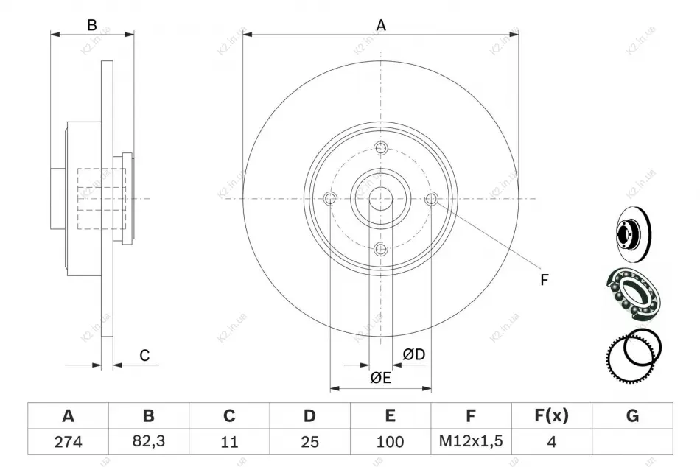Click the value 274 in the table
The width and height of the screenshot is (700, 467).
click(x=68, y=441)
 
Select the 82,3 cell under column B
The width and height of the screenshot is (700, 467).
click(x=149, y=441)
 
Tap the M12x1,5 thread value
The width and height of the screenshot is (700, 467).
click(x=471, y=441)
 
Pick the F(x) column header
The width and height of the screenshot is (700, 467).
click(x=551, y=415)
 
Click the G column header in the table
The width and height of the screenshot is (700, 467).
click(x=632, y=415)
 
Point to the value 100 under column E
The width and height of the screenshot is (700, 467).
click(x=391, y=441)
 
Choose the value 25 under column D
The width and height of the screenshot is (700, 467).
click(x=309, y=441)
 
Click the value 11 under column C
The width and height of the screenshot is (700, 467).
click(x=229, y=441)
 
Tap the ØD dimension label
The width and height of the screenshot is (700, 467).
click(x=414, y=354)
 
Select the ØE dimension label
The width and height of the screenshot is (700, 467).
click(x=381, y=378)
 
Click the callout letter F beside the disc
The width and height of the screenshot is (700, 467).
click(x=544, y=280)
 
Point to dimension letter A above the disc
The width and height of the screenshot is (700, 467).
click(x=381, y=25)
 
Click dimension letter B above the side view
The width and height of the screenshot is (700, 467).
click(x=91, y=25)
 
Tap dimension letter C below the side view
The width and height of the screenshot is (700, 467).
click(x=144, y=355)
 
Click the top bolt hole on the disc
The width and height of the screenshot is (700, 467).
click(x=381, y=148)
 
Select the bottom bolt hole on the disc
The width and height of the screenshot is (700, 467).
click(x=381, y=249)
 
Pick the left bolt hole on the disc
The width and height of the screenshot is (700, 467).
click(x=330, y=198)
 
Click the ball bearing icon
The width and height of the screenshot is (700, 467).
click(x=634, y=295)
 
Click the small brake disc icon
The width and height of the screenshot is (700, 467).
click(x=633, y=234)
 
